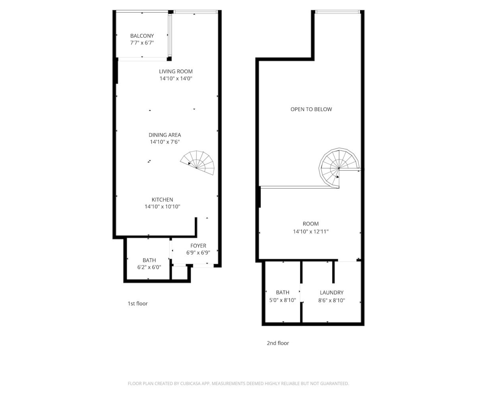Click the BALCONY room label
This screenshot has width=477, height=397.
point(142,36)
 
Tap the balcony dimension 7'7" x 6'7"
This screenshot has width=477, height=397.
point(142,42)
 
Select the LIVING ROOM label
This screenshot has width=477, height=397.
point(176,71)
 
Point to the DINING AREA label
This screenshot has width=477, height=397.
point(165,135)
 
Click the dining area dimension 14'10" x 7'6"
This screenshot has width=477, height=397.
point(165,142)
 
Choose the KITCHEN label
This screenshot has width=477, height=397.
point(162,200)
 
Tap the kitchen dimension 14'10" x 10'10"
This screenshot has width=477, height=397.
point(162,207)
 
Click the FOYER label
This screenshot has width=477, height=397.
point(198,246)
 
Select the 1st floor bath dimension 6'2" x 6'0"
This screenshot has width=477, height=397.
point(149,267)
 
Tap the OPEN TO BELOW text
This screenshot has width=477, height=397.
point(311,109)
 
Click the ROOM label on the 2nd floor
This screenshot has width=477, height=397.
point(311,224)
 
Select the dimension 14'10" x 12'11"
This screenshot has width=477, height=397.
point(311,231)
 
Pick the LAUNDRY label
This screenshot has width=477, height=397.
point(332,293)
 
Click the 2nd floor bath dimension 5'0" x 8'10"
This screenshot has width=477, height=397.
point(283,300)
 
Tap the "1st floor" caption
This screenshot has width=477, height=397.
point(138,303)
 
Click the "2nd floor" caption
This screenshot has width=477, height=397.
point(278,343)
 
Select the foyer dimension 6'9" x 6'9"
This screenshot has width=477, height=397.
point(198,253)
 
